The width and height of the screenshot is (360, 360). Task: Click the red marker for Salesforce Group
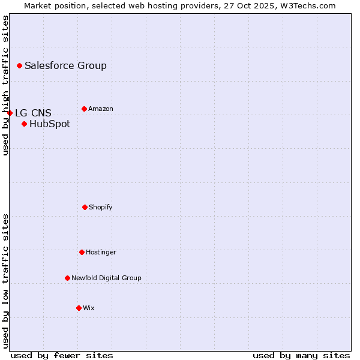tap(19, 65)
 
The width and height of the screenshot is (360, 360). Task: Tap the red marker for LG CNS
tap(10, 113)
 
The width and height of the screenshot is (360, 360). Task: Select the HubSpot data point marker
tap(24, 124)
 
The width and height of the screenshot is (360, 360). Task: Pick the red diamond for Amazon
tap(84, 109)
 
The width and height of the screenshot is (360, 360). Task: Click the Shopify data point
tap(85, 207)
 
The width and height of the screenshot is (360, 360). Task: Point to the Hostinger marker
tap(82, 252)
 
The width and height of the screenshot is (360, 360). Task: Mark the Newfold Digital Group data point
tap(67, 278)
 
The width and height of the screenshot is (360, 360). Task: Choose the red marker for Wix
tap(79, 308)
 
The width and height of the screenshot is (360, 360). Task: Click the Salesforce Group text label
tap(65, 66)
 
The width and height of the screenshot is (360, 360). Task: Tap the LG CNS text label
tap(33, 113)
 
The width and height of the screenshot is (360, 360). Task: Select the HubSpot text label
tap(50, 124)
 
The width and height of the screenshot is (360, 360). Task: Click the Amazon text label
tap(101, 109)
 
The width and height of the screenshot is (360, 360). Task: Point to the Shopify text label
tap(101, 207)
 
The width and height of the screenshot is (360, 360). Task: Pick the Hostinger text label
tap(101, 252)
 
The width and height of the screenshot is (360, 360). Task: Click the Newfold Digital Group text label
tap(106, 278)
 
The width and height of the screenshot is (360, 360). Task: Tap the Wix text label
tap(89, 308)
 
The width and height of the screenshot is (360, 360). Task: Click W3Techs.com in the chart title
tap(307, 5)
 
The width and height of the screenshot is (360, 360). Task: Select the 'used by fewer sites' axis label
tap(62, 355)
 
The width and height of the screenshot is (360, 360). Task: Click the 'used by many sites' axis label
tap(301, 355)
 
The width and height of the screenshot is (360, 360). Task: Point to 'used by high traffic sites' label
tap(5, 85)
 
